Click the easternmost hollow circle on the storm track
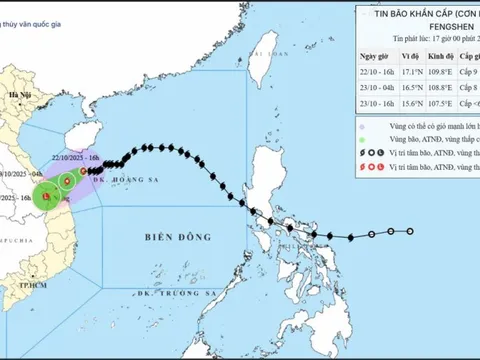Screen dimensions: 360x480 click(410, 232)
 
